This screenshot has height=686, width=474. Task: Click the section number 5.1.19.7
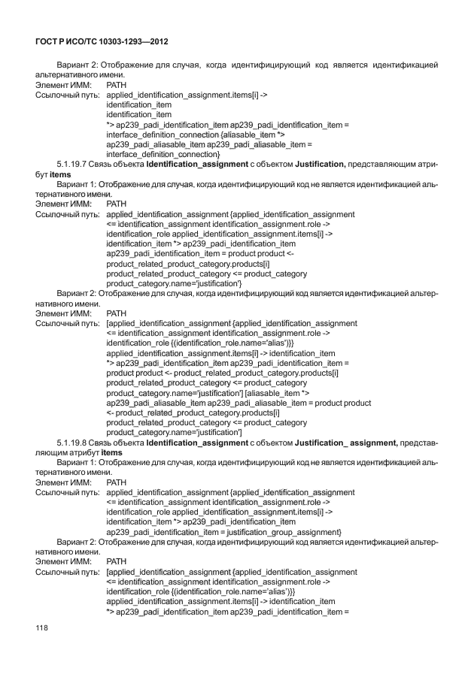(x=74, y=164)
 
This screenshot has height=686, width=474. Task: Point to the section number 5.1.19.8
(x=74, y=443)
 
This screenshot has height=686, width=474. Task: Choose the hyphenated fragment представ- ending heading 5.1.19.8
(x=418, y=443)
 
